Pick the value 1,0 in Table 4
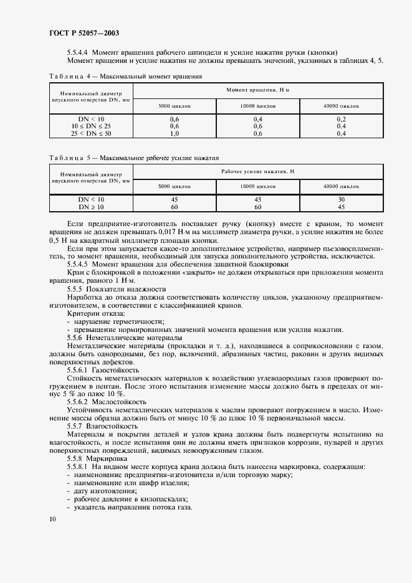[x=175, y=133]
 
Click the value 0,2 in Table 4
[x=341, y=118]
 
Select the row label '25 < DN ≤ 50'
[x=92, y=133]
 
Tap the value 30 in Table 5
[x=341, y=199]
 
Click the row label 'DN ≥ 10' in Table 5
[x=92, y=206]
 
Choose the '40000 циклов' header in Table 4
[x=341, y=106]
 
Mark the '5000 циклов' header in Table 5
[x=175, y=186]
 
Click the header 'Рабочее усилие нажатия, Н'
[x=258, y=171]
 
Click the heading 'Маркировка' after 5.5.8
[x=107, y=458]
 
